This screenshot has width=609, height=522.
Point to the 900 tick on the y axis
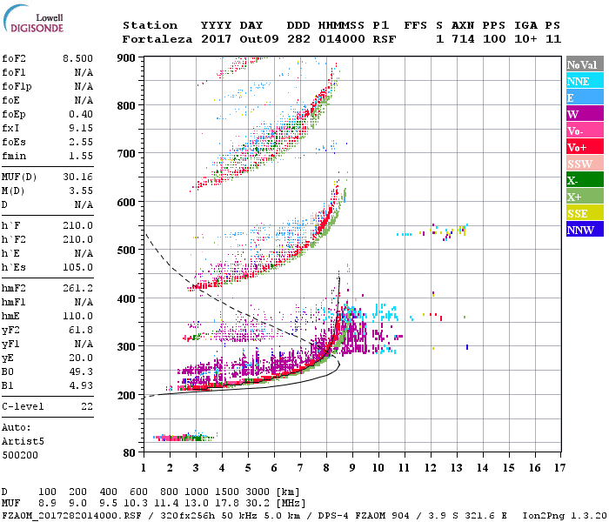click(127, 58)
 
